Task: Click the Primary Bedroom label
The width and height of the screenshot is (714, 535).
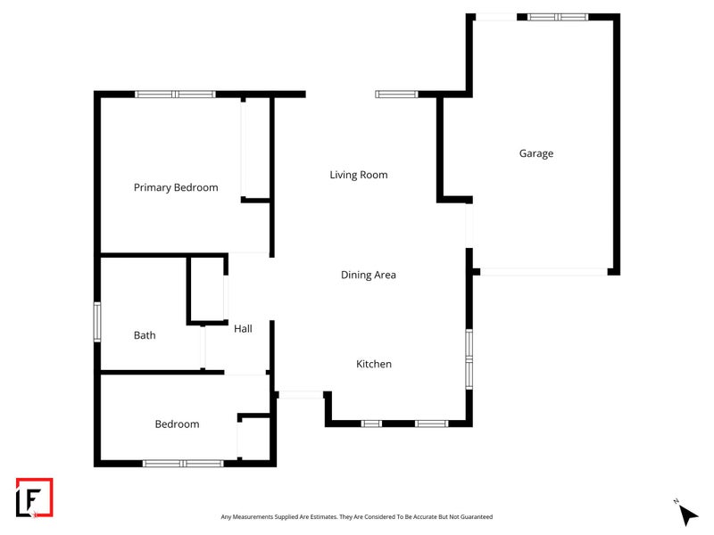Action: (x=176, y=187)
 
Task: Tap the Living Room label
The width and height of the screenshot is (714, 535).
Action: (x=359, y=175)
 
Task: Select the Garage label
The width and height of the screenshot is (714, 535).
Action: (x=536, y=153)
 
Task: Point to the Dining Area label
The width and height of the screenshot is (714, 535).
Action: (x=369, y=275)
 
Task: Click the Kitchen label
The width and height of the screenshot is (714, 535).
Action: (x=374, y=364)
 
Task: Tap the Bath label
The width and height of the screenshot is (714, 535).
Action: (x=145, y=335)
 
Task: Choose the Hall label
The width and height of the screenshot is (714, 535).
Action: (x=243, y=329)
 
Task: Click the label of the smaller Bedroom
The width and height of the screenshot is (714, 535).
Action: (x=177, y=424)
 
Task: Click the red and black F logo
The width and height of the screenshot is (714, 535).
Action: (x=35, y=497)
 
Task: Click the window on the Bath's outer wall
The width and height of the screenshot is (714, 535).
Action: (x=98, y=321)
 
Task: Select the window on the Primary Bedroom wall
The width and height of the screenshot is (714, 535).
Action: (x=175, y=94)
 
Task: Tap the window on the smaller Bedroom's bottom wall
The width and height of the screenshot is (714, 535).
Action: (x=183, y=463)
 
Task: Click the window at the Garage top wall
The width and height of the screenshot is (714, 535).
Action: (x=557, y=16)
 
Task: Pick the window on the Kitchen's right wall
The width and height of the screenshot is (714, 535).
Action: (x=469, y=358)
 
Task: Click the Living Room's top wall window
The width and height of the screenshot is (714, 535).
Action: (x=396, y=94)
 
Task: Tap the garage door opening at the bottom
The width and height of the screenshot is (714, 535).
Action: (x=544, y=271)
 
